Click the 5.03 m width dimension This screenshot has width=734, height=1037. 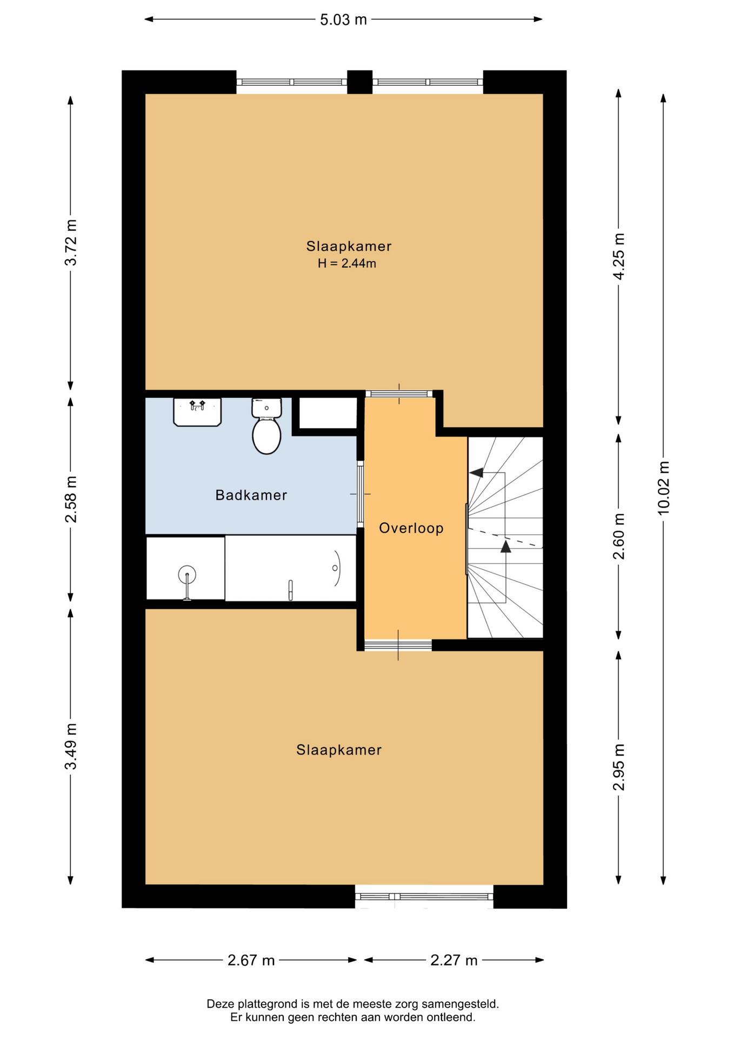[343, 20]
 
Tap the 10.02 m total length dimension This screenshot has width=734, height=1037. [663, 488]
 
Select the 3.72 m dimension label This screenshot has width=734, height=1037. [71, 243]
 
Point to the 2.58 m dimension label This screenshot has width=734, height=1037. [71, 499]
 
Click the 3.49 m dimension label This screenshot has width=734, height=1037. [71, 746]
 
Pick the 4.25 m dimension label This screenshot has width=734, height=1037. [619, 256]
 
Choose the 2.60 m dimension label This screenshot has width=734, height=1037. [619, 536]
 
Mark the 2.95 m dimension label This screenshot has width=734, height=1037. [619, 767]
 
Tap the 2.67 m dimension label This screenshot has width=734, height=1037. [251, 960]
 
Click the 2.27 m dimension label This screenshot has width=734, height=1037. [454, 960]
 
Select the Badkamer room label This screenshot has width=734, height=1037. [251, 495]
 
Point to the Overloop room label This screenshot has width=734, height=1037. [411, 528]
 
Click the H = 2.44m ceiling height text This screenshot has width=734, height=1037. [347, 264]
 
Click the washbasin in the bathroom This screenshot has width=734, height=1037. [197, 412]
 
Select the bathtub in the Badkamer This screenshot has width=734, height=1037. [290, 568]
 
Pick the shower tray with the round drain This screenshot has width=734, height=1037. [185, 568]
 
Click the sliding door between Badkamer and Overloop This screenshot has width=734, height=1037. [361, 494]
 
